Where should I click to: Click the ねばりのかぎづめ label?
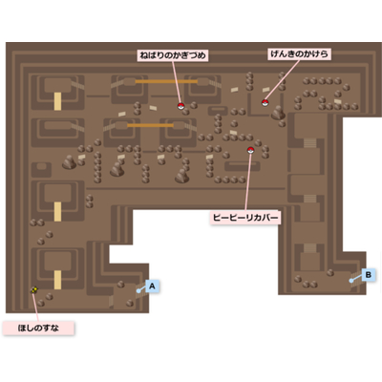coord(173,55)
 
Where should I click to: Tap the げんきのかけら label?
coord(300,53)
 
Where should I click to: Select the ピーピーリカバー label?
coord(245,218)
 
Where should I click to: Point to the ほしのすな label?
coord(38,328)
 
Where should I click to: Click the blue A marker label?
coord(152,286)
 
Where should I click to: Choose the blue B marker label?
coord(369,274)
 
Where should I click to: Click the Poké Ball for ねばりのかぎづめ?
coord(180,106)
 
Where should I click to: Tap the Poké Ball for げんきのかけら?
coord(265,102)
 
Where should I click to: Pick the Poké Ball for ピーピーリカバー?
coord(250,150)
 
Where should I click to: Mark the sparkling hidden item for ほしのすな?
coord(34,289)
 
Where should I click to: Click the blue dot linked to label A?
coord(138,290)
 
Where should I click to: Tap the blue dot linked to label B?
coord(350,281)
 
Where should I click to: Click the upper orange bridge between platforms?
coord(166,81)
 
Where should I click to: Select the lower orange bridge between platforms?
coord(150,125)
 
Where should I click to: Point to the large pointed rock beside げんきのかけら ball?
coord(278,113)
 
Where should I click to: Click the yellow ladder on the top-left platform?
coord(57,101)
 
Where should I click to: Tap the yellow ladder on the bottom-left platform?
coord(57,280)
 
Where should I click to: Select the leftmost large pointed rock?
coord(69,162)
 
